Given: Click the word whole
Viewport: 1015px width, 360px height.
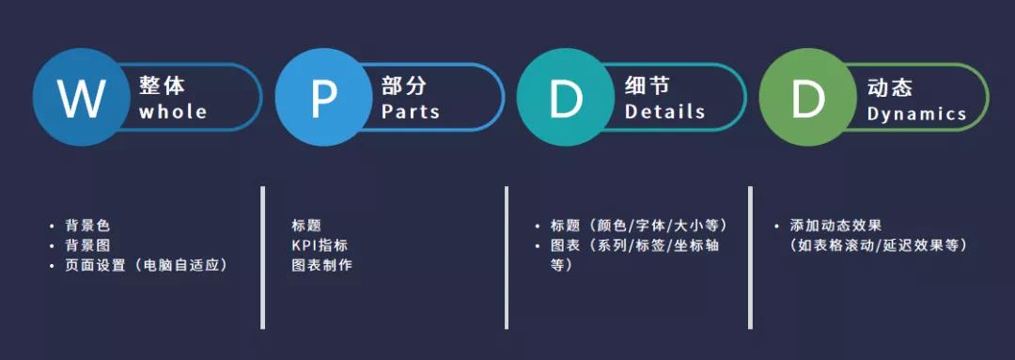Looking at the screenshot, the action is pos(173,112).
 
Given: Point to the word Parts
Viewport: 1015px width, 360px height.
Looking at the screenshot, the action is pos(411,112).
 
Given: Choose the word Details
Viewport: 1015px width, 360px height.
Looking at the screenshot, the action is pos(664,112).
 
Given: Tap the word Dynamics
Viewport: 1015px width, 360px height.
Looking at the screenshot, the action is pos(916,114).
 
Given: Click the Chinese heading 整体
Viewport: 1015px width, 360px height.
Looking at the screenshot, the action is pos(162,86).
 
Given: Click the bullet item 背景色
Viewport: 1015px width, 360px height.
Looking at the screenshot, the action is pos(87,226).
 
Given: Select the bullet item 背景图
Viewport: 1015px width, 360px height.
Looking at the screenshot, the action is pos(87,245).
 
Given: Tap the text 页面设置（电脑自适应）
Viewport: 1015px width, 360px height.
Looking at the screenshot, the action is pos(147,265).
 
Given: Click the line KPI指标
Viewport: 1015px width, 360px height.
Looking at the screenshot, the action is pos(320,245).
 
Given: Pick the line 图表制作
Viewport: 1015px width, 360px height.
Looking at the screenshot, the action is pos(321,265).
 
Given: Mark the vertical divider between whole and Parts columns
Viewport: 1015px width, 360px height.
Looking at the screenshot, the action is pos(262,258).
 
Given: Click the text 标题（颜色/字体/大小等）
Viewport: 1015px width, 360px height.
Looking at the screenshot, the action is pos(638,226).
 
